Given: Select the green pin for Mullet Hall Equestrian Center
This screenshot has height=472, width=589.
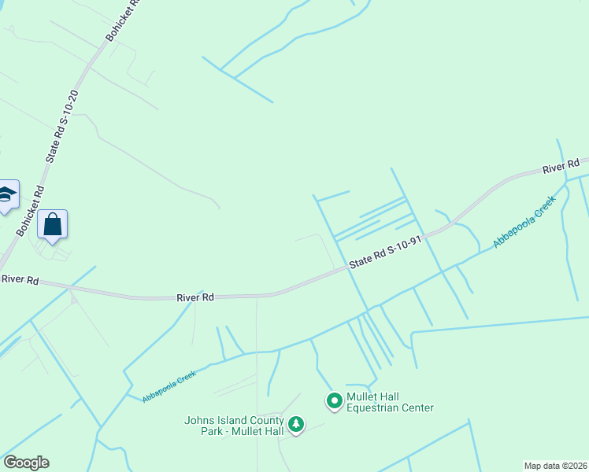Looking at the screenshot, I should pyautogui.click(x=334, y=401).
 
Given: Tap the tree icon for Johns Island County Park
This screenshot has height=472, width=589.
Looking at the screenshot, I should pyautogui.click(x=296, y=425).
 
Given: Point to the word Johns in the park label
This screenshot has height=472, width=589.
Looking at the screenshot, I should pyautogui.click(x=198, y=420).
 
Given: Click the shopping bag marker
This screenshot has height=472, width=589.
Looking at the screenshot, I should pyautogui.click(x=52, y=225).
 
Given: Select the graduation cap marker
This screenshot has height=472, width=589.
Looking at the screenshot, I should pyautogui.click(x=6, y=195).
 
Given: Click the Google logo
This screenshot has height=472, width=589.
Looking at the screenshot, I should pyautogui.click(x=26, y=462).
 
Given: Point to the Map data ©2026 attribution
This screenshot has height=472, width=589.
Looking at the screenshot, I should pyautogui.click(x=555, y=466).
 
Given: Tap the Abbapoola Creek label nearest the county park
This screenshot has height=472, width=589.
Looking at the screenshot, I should pyautogui.click(x=169, y=386).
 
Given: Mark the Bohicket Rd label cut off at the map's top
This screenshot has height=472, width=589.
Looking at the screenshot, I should pyautogui.click(x=121, y=20).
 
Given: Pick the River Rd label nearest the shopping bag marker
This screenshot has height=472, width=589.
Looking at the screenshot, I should pyautogui.click(x=20, y=279).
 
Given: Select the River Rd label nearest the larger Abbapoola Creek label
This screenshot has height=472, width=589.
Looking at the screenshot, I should pyautogui.click(x=561, y=167).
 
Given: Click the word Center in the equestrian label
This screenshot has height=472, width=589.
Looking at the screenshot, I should pyautogui.click(x=418, y=407).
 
